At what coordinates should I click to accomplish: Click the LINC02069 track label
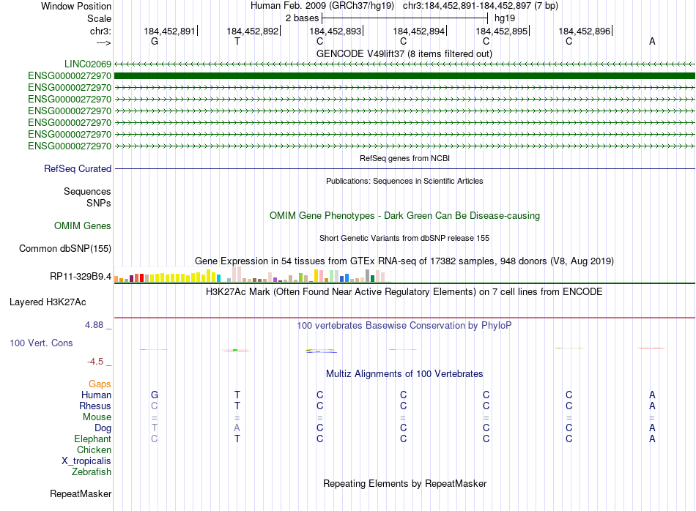pyautogui.click(x=87, y=64)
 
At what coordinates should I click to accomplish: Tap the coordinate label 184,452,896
pyautogui.click(x=584, y=31)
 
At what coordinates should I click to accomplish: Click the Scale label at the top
pyautogui.click(x=99, y=18)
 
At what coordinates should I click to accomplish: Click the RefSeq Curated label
pyautogui.click(x=78, y=169)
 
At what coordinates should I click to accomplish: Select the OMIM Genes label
pyautogui.click(x=83, y=226)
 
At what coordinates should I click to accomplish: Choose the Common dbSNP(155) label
pyautogui.click(x=65, y=249)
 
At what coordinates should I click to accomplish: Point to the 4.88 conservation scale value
pyautogui.click(x=97, y=325)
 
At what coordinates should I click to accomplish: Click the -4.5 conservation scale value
pyautogui.click(x=98, y=362)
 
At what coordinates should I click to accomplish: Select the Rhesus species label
pyautogui.click(x=95, y=406)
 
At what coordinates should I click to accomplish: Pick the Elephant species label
pyautogui.click(x=92, y=439)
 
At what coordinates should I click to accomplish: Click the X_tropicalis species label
pyautogui.click(x=86, y=461)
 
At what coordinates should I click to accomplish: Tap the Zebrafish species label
pyautogui.click(x=92, y=472)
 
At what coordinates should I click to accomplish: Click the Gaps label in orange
pyautogui.click(x=100, y=384)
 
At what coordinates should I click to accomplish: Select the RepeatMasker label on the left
pyautogui.click(x=80, y=494)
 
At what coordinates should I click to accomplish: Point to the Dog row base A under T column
pyautogui.click(x=237, y=428)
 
